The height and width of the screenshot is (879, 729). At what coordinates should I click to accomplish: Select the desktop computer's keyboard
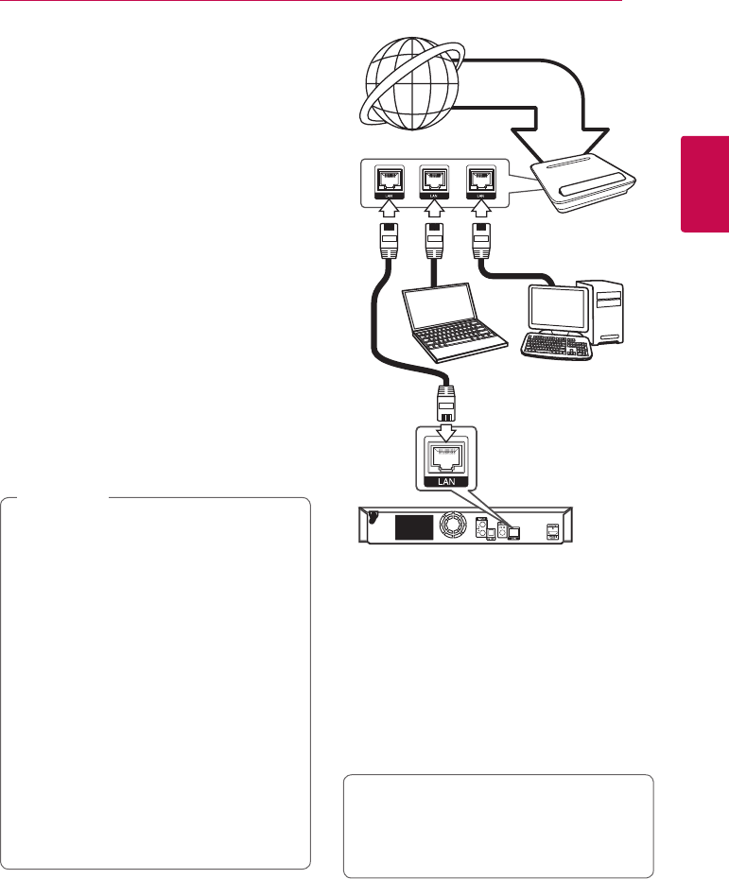click(x=556, y=347)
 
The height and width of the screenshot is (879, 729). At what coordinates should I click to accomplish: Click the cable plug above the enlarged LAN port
click(x=448, y=402)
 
